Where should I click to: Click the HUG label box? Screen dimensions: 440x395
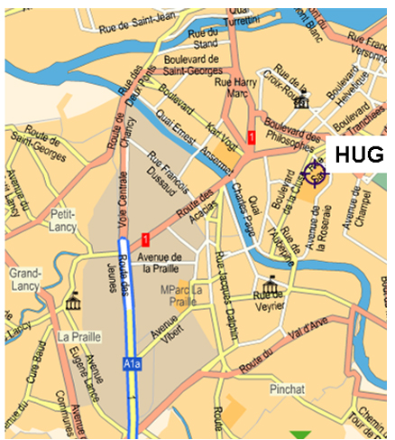point(358,154)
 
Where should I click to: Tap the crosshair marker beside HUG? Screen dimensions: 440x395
point(316,172)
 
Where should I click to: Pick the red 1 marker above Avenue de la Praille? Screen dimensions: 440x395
point(145,239)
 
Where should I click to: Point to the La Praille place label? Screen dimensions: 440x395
point(77,337)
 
